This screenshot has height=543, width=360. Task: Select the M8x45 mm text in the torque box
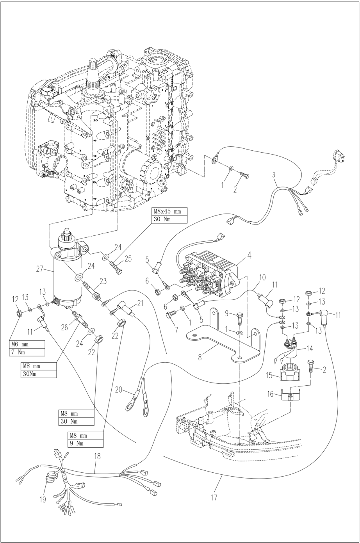click(x=167, y=211)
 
